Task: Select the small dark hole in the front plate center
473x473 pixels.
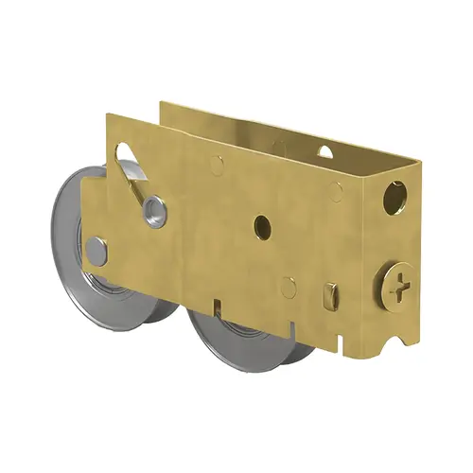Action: [x=263, y=226]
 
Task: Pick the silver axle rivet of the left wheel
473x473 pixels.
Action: [x=96, y=251]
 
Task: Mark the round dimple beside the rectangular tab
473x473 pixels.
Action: [x=288, y=287]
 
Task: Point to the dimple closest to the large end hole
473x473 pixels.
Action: [x=337, y=193]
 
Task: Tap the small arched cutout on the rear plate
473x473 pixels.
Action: [x=324, y=151]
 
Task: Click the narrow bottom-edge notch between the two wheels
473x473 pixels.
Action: [x=217, y=307]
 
